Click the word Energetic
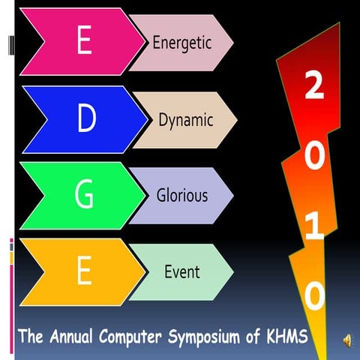182,42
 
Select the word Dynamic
186,119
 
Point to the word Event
182,271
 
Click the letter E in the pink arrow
84,42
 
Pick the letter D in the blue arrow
87,118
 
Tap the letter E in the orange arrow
84,271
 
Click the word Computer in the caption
136,335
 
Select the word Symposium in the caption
208,336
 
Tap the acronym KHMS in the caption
286,335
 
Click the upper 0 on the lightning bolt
315,156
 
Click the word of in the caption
253,335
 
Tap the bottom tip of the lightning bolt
324,357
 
